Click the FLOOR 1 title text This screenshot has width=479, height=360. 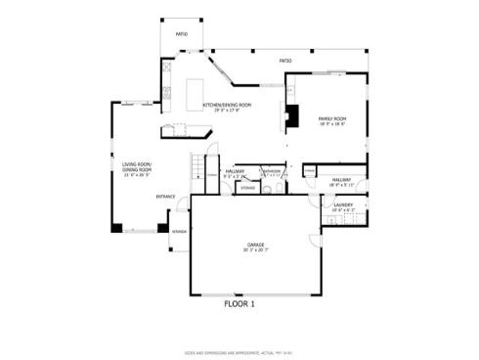(x=239, y=304)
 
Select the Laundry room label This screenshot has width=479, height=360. (x=342, y=204)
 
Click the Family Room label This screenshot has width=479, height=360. (x=333, y=118)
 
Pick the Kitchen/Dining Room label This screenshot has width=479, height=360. (x=227, y=105)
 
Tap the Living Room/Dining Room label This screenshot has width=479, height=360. (x=137, y=167)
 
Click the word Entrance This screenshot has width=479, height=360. (x=165, y=197)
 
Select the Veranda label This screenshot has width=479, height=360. (x=180, y=232)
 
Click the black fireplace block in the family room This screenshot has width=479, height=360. (x=290, y=117)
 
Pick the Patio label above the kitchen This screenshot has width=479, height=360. (x=182, y=33)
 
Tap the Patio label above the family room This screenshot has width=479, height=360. (x=285, y=61)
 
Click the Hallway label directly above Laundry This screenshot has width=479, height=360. (x=341, y=180)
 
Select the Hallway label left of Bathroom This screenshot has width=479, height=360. (x=235, y=171)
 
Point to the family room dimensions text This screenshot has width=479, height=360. (x=333, y=124)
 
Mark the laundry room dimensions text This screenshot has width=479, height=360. (x=342, y=210)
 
